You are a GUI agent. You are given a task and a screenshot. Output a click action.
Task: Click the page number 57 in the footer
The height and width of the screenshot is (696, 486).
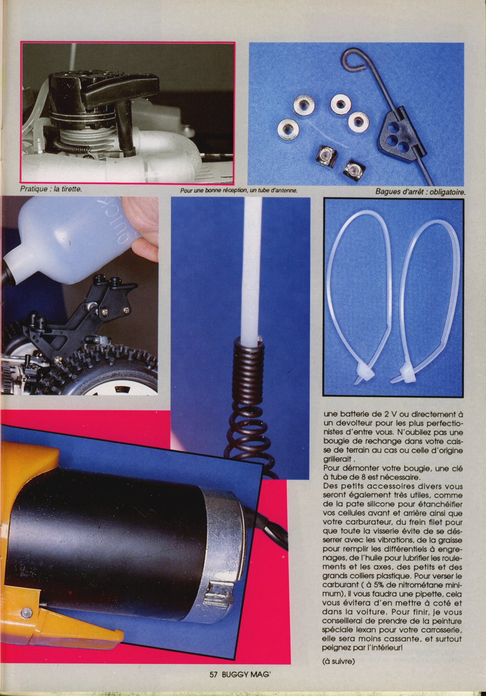click(x=213, y=674)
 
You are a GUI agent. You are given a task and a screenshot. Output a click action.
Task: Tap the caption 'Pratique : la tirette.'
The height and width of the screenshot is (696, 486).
click(x=51, y=189)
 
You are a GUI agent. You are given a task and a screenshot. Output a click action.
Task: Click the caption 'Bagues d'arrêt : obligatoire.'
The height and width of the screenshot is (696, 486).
click(x=420, y=192)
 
